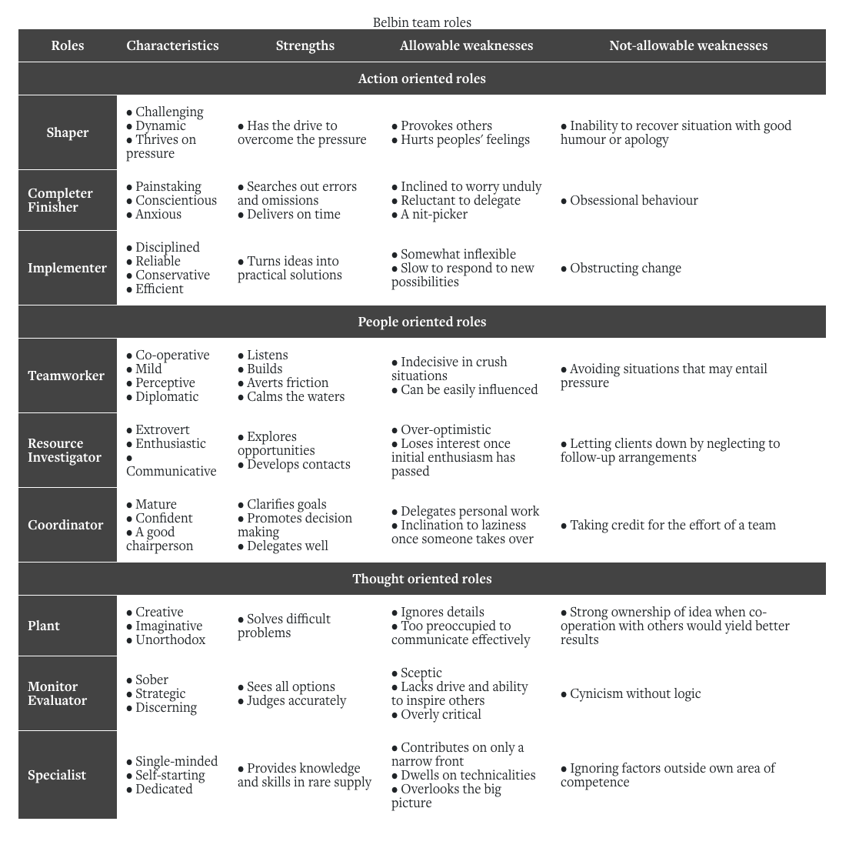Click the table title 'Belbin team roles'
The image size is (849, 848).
(421, 22)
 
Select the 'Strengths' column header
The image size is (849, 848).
(305, 45)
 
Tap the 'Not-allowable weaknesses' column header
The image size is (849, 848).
(688, 45)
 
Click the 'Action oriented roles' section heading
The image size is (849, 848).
(421, 78)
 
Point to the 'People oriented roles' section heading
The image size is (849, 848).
(421, 322)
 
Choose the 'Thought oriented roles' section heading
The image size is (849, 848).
(421, 579)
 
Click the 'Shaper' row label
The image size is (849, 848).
(68, 132)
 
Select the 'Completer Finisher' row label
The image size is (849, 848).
(60, 200)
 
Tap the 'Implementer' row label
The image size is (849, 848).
(67, 268)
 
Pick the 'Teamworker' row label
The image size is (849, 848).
(66, 376)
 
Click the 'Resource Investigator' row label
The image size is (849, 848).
(65, 450)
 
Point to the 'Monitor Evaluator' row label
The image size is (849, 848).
(58, 693)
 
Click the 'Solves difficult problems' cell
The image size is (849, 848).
(284, 626)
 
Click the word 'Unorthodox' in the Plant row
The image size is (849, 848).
(170, 639)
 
